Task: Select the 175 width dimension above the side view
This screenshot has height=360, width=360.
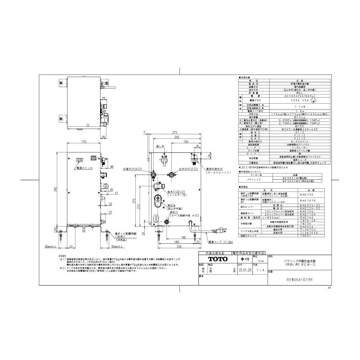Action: coord(84,143)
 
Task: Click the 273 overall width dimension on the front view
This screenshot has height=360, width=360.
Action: coord(175,132)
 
